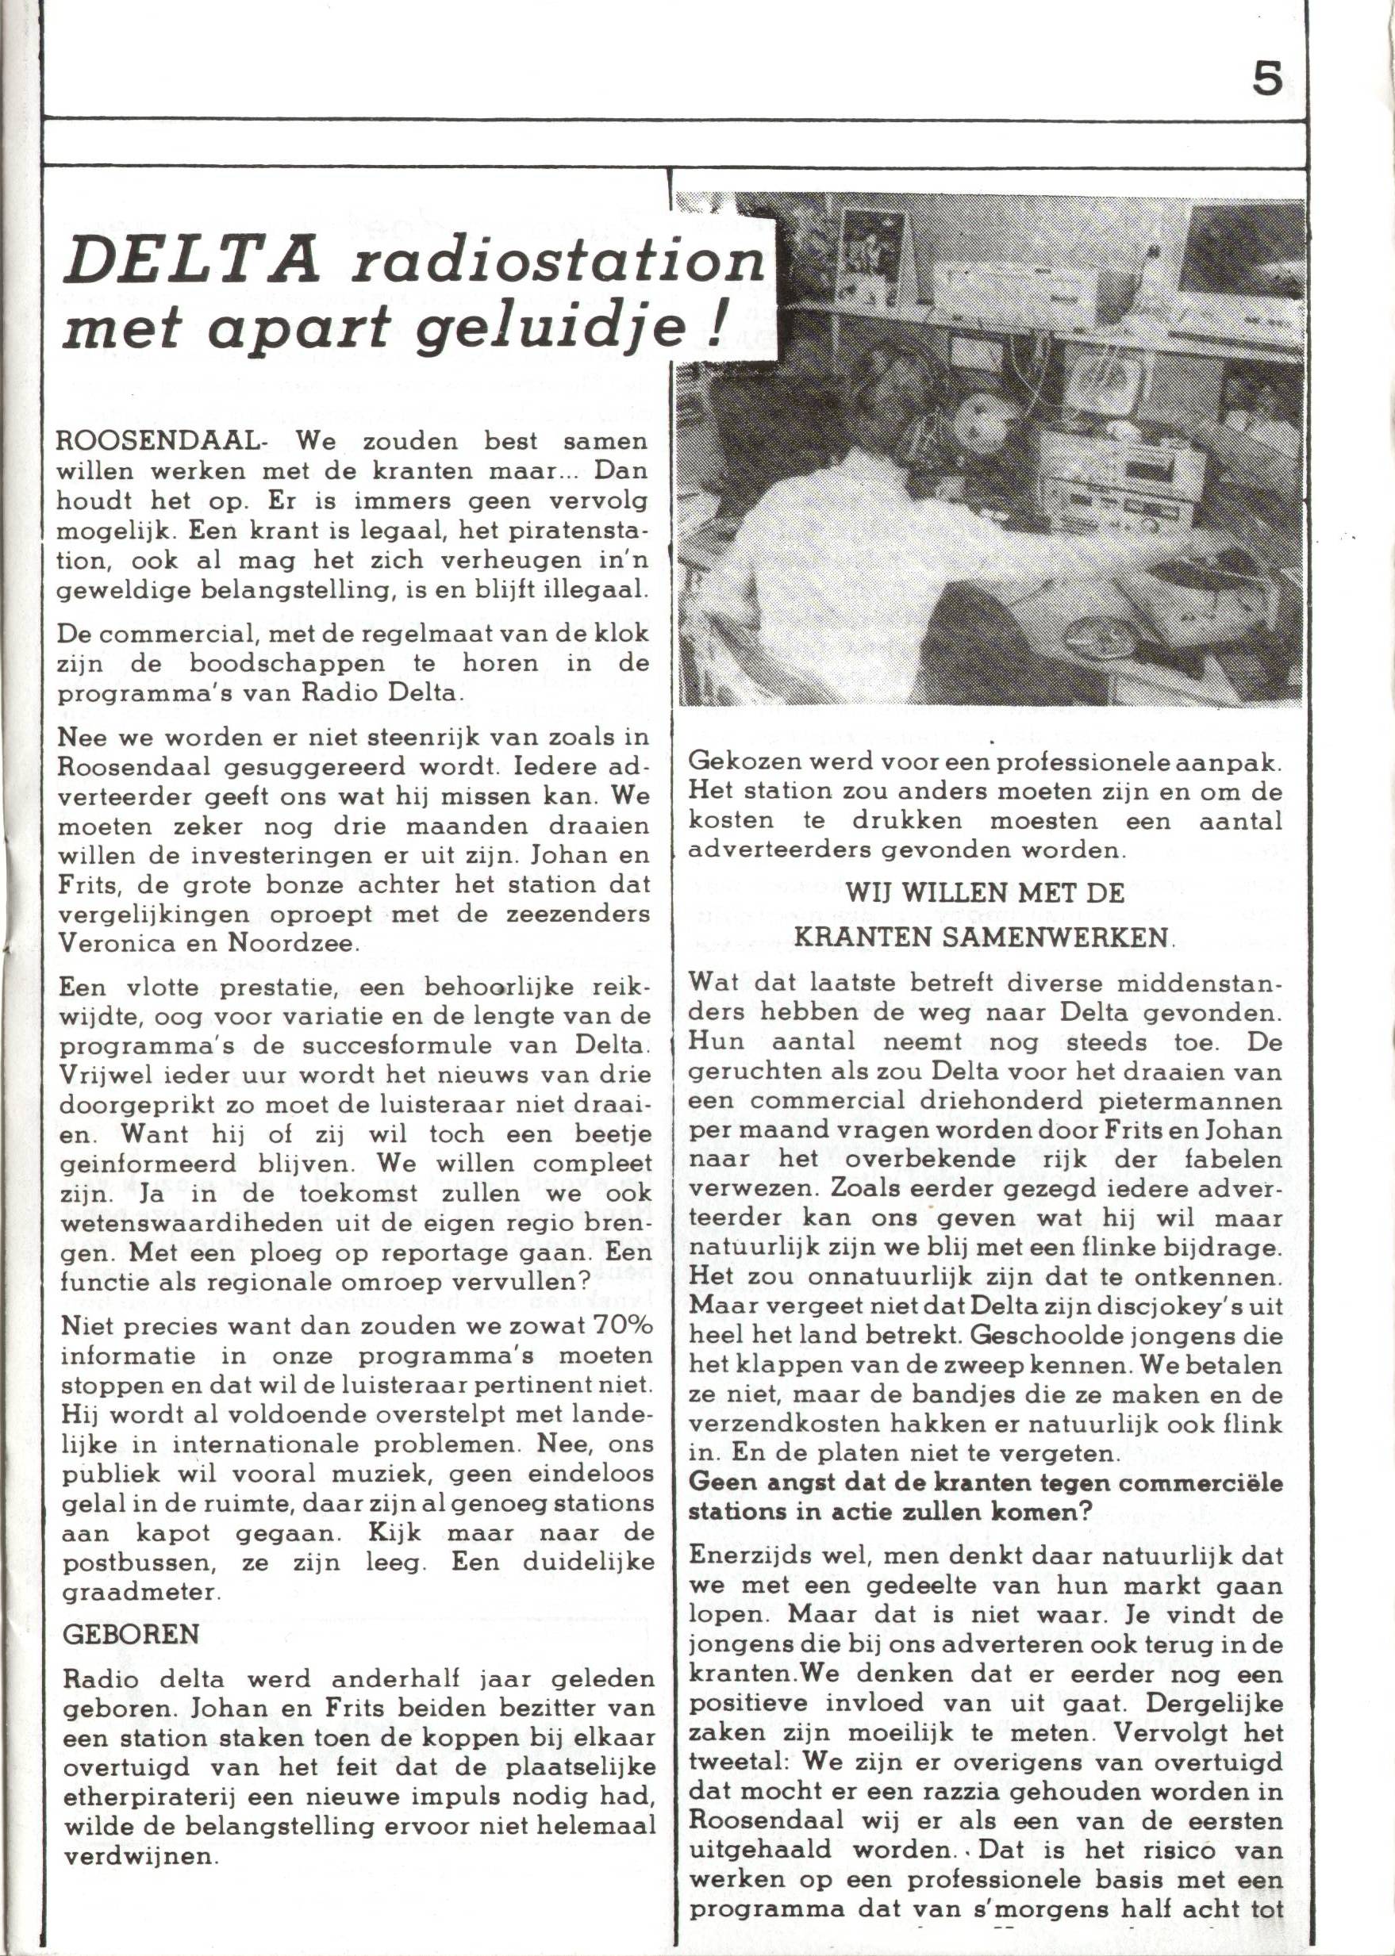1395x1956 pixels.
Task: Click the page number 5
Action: (1267, 80)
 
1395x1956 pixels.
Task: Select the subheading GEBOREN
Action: (131, 1634)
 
